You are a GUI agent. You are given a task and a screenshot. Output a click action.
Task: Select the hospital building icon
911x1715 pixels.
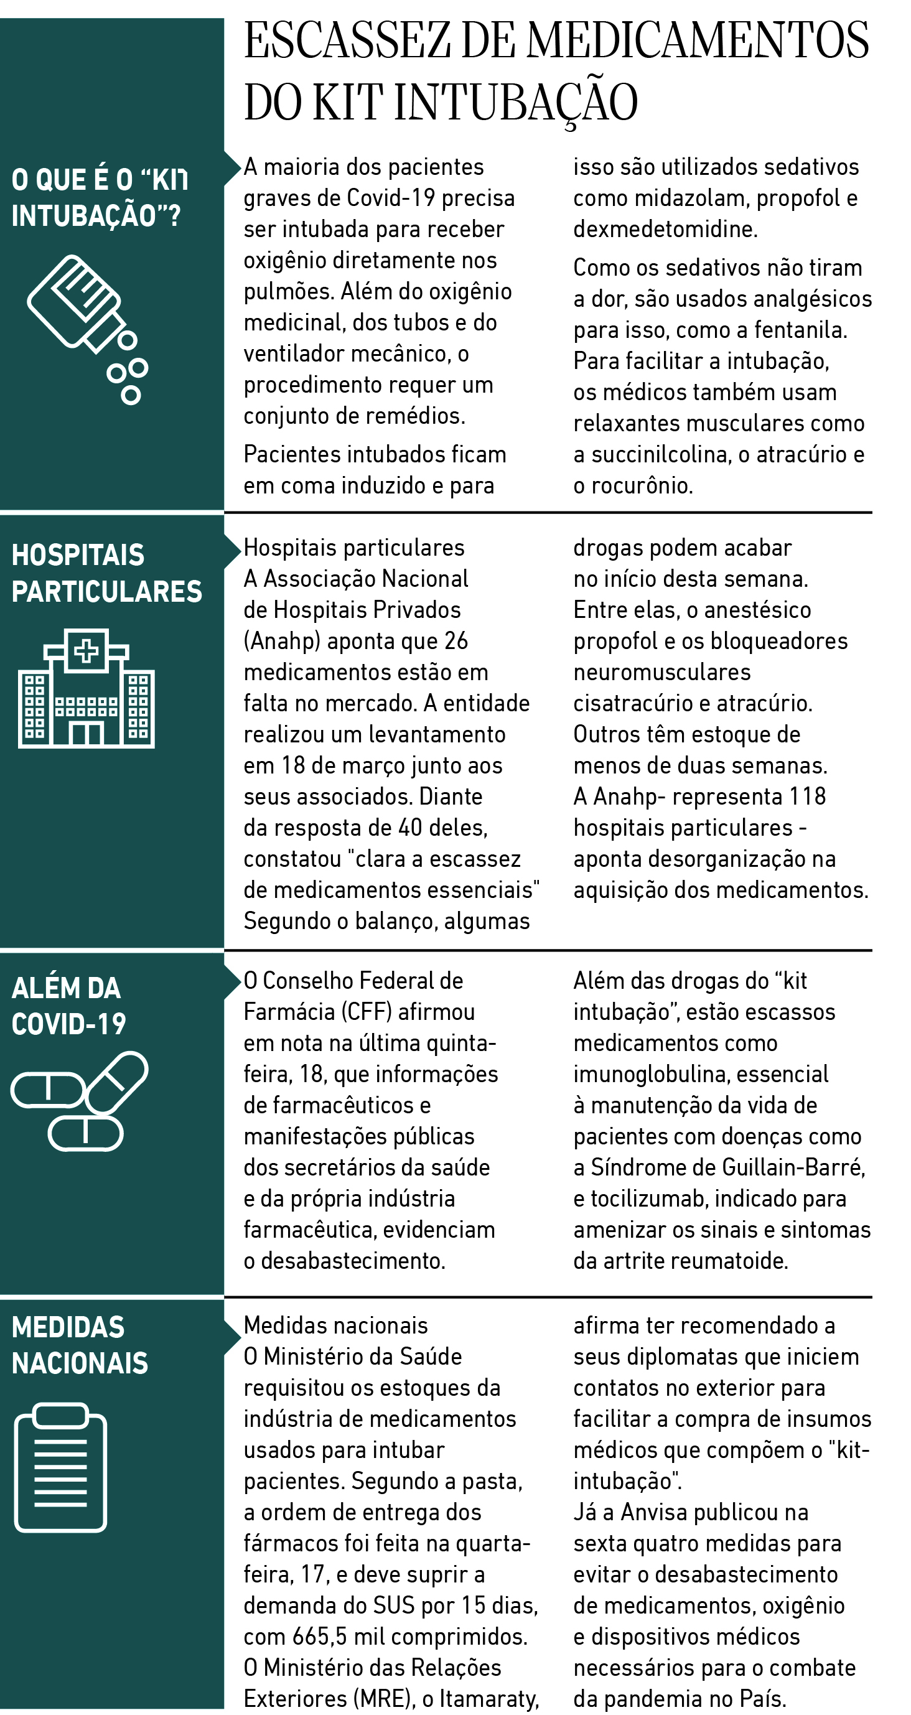point(86,688)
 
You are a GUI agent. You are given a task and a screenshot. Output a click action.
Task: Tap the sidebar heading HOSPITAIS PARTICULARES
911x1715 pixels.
point(106,573)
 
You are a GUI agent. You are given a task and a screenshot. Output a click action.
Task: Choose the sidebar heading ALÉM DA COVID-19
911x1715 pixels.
point(68,1006)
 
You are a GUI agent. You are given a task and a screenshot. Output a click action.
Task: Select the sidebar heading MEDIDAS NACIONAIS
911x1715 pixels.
point(79,1345)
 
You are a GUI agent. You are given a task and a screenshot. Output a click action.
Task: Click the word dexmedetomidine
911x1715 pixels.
point(665,229)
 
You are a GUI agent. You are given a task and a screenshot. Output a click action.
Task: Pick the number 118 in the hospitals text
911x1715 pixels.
point(807,797)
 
